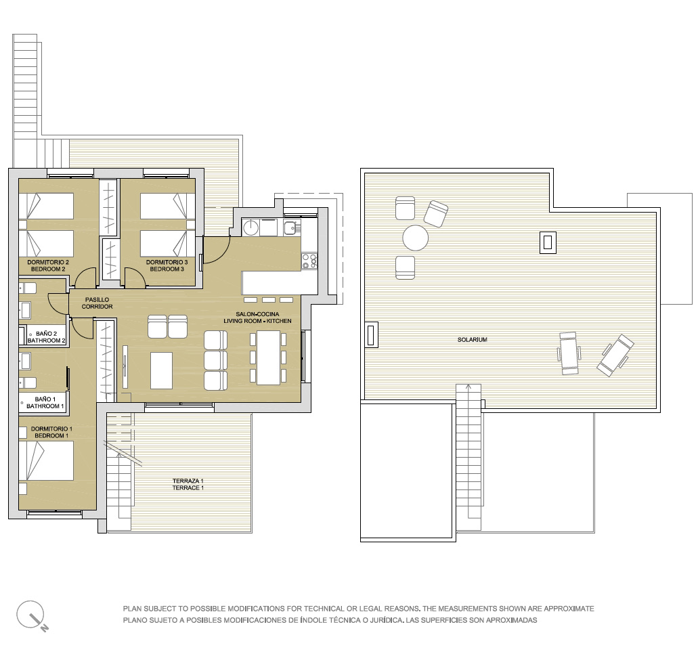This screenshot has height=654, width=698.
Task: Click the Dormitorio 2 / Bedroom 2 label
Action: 48,266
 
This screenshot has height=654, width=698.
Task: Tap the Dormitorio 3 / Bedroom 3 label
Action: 167,266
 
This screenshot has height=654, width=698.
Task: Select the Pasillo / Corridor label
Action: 97,303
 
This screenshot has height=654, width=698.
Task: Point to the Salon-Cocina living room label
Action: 257,318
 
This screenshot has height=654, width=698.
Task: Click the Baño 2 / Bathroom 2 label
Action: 46,337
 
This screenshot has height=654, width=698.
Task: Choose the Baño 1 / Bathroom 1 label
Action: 45,403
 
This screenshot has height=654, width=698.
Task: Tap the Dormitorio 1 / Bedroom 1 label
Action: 51,433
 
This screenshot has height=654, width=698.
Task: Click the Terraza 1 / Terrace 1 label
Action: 188,484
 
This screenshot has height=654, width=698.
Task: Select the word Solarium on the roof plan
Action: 473,340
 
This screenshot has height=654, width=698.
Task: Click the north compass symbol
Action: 32,615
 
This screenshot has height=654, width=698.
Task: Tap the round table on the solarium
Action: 415,238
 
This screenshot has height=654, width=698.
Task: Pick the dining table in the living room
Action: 268,357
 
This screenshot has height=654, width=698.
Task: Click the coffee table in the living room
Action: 161,370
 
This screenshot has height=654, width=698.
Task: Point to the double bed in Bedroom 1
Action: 46,460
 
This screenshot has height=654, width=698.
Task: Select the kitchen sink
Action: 292,227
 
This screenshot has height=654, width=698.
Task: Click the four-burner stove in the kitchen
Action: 309,261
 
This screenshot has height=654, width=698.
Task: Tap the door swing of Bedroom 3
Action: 135,277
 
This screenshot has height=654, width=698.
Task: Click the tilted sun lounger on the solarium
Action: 615,355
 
